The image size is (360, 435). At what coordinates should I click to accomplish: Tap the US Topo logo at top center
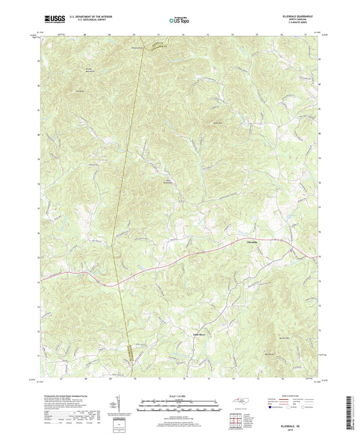(x=179, y=21)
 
